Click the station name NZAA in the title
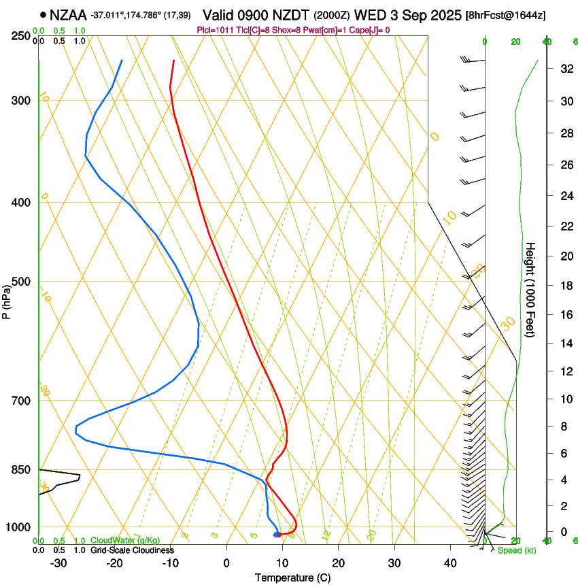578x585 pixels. (x=67, y=14)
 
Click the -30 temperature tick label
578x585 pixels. (x=58, y=563)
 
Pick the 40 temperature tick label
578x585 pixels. (x=449, y=563)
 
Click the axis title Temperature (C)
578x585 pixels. (x=292, y=578)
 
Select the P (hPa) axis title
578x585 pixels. (x=7, y=300)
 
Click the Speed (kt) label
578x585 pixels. (x=516, y=550)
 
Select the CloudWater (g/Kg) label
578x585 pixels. (x=124, y=540)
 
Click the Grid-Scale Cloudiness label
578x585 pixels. (x=132, y=550)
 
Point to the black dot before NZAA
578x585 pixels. (x=44, y=14)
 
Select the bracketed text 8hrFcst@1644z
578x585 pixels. (x=505, y=15)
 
